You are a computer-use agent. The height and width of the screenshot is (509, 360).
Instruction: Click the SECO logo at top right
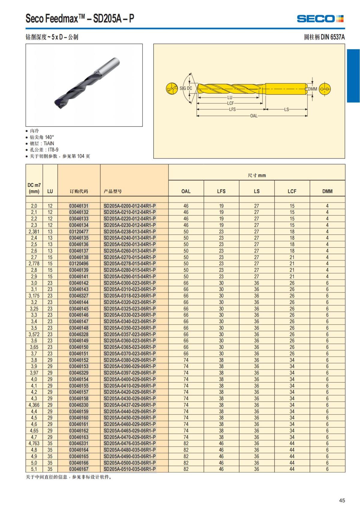320,19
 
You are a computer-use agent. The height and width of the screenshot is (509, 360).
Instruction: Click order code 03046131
79,206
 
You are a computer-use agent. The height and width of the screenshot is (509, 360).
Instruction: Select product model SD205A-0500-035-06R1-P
130,463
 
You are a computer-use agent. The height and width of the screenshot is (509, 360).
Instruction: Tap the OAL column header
186,191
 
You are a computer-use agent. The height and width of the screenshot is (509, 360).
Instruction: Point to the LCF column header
292,191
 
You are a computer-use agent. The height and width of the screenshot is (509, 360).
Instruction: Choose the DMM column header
327,191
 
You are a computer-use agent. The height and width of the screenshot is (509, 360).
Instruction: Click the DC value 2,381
34,232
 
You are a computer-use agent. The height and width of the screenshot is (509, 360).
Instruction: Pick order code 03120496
79,264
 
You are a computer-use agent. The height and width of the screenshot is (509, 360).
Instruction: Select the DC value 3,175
34,296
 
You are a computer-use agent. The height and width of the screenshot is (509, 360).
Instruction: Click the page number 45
342,500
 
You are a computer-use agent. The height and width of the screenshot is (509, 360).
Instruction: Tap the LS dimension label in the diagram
286,109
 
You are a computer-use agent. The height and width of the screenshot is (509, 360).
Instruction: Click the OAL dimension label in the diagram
254,116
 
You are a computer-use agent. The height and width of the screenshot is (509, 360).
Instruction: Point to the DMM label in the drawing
312,89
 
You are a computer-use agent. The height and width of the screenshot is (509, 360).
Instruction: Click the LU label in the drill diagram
230,97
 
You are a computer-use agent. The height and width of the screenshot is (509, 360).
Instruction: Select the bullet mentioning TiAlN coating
42,143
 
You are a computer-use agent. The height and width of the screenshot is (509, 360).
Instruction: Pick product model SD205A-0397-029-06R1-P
130,373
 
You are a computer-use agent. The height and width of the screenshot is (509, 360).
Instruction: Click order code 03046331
79,444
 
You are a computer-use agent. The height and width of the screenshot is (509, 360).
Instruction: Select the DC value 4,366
34,405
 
